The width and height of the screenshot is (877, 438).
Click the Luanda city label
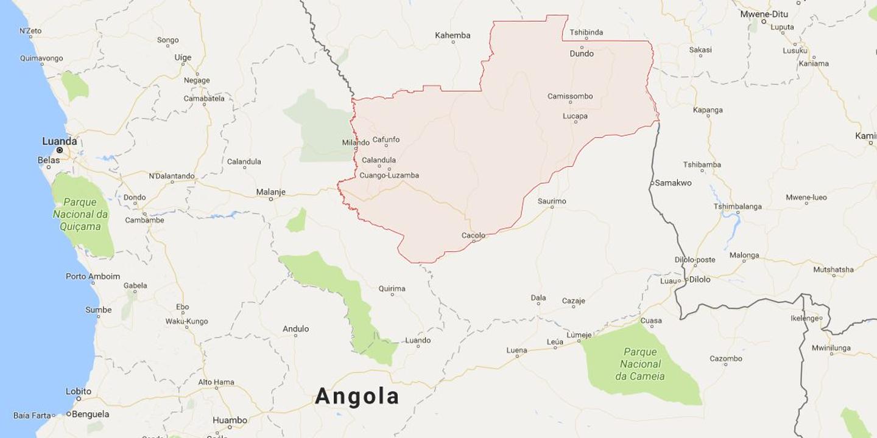(59, 141)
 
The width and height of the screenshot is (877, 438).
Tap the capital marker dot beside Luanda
(60, 150)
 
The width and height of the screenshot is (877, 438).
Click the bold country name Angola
(357, 397)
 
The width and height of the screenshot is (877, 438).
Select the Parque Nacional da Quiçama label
(80, 214)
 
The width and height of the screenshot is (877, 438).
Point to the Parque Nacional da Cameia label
(640, 364)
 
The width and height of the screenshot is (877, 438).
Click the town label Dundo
(582, 54)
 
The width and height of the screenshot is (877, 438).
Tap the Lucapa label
(575, 116)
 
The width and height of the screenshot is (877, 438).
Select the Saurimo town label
(552, 201)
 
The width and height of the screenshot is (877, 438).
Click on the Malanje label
(270, 192)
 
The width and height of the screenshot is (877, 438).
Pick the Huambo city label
(230, 420)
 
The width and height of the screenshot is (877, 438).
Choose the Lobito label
(79, 391)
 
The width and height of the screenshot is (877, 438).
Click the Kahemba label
(453, 35)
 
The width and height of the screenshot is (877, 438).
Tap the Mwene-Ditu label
(764, 14)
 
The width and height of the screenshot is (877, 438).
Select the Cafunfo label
(386, 139)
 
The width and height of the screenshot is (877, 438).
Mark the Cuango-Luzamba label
(389, 175)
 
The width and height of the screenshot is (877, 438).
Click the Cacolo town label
(473, 235)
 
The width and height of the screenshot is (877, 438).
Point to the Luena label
(516, 350)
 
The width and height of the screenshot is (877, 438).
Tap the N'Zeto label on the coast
(30, 30)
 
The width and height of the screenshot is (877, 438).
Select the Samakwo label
(673, 182)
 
